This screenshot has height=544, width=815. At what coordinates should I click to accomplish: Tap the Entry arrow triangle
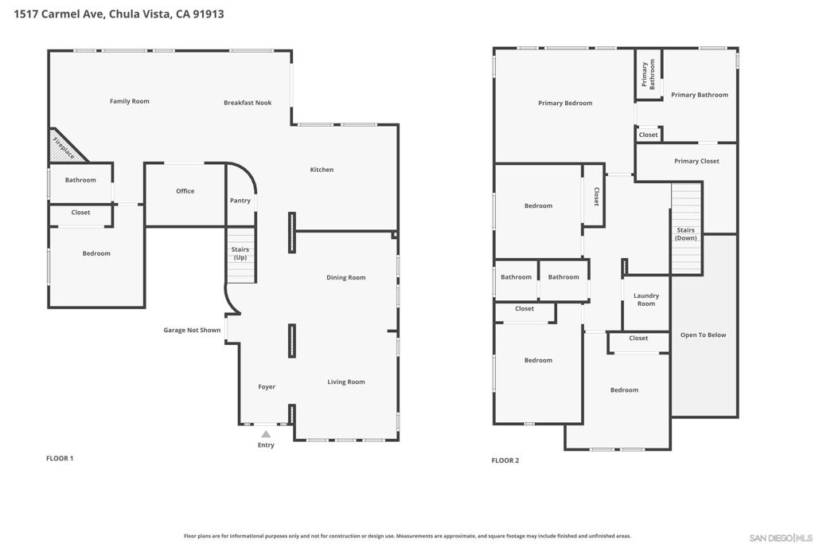click(x=266, y=434)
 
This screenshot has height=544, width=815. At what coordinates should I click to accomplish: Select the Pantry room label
click(x=240, y=200)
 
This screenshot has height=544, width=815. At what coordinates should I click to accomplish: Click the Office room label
click(x=185, y=191)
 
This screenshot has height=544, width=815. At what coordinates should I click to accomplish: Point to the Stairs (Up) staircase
click(x=240, y=255)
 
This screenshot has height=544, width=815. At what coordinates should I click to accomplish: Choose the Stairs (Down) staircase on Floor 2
click(x=686, y=229)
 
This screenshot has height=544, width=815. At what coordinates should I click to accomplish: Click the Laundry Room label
click(x=646, y=299)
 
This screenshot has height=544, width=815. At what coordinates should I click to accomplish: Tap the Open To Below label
click(x=704, y=335)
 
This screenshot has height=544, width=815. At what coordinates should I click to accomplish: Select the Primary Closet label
click(x=696, y=161)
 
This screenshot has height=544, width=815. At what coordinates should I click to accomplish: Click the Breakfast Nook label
click(x=248, y=103)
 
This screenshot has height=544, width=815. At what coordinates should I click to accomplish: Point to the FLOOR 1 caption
click(x=60, y=458)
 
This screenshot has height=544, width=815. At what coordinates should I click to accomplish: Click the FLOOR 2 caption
click(x=505, y=460)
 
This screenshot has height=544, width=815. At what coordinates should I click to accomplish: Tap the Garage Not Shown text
click(x=192, y=330)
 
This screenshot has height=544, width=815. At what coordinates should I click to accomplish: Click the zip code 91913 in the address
click(x=209, y=14)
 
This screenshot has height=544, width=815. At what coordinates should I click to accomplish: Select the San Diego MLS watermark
click(x=780, y=538)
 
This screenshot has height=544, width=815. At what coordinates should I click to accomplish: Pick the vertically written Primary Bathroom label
click(x=648, y=74)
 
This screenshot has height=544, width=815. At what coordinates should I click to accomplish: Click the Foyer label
click(x=267, y=386)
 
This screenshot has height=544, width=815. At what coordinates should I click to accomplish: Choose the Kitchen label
click(x=322, y=170)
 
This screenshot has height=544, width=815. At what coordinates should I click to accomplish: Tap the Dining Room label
click(x=345, y=277)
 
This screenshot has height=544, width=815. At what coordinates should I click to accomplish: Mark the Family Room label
click(x=130, y=101)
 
